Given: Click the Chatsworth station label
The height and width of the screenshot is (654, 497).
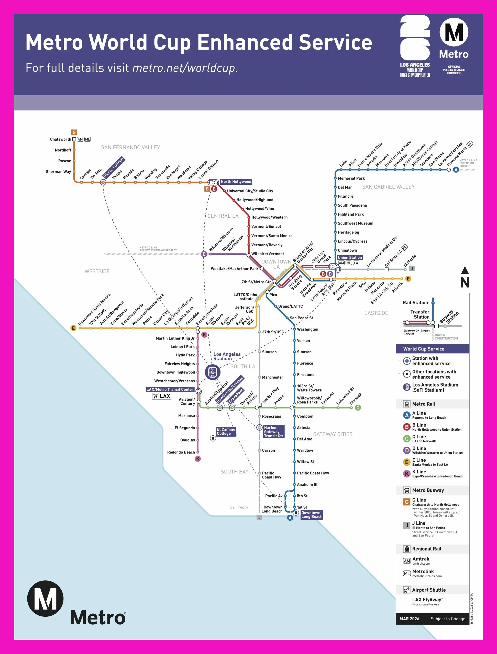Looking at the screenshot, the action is click(60, 139).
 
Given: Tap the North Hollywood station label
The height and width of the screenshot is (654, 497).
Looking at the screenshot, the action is click(236, 182).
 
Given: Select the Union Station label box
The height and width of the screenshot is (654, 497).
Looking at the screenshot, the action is click(350, 257).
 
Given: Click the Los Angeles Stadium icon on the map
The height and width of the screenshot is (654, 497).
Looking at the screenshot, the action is click(213, 372).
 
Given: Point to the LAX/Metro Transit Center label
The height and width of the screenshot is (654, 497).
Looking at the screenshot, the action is click(170, 389).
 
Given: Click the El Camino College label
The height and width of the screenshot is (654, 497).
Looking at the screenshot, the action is click(226, 431).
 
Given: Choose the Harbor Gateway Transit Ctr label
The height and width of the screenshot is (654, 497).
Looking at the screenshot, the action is click(273, 432).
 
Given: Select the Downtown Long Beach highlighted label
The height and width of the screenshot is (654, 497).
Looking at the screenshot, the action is click(311, 515).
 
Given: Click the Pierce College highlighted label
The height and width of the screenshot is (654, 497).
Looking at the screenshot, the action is click(114, 168).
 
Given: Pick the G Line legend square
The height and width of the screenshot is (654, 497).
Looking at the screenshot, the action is click(407, 502).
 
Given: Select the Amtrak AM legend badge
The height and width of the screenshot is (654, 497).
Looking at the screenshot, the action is click(407, 561).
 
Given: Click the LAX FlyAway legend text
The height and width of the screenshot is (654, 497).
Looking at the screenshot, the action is click(427, 599).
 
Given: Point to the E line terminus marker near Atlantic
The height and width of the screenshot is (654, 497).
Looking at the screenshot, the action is click(408, 278).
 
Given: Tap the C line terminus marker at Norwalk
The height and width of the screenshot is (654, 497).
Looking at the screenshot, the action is click(358, 408).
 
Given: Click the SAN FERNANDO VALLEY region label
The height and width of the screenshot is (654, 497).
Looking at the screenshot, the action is click(130, 147).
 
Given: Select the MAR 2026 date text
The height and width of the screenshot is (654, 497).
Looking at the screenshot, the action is click(409, 619).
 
